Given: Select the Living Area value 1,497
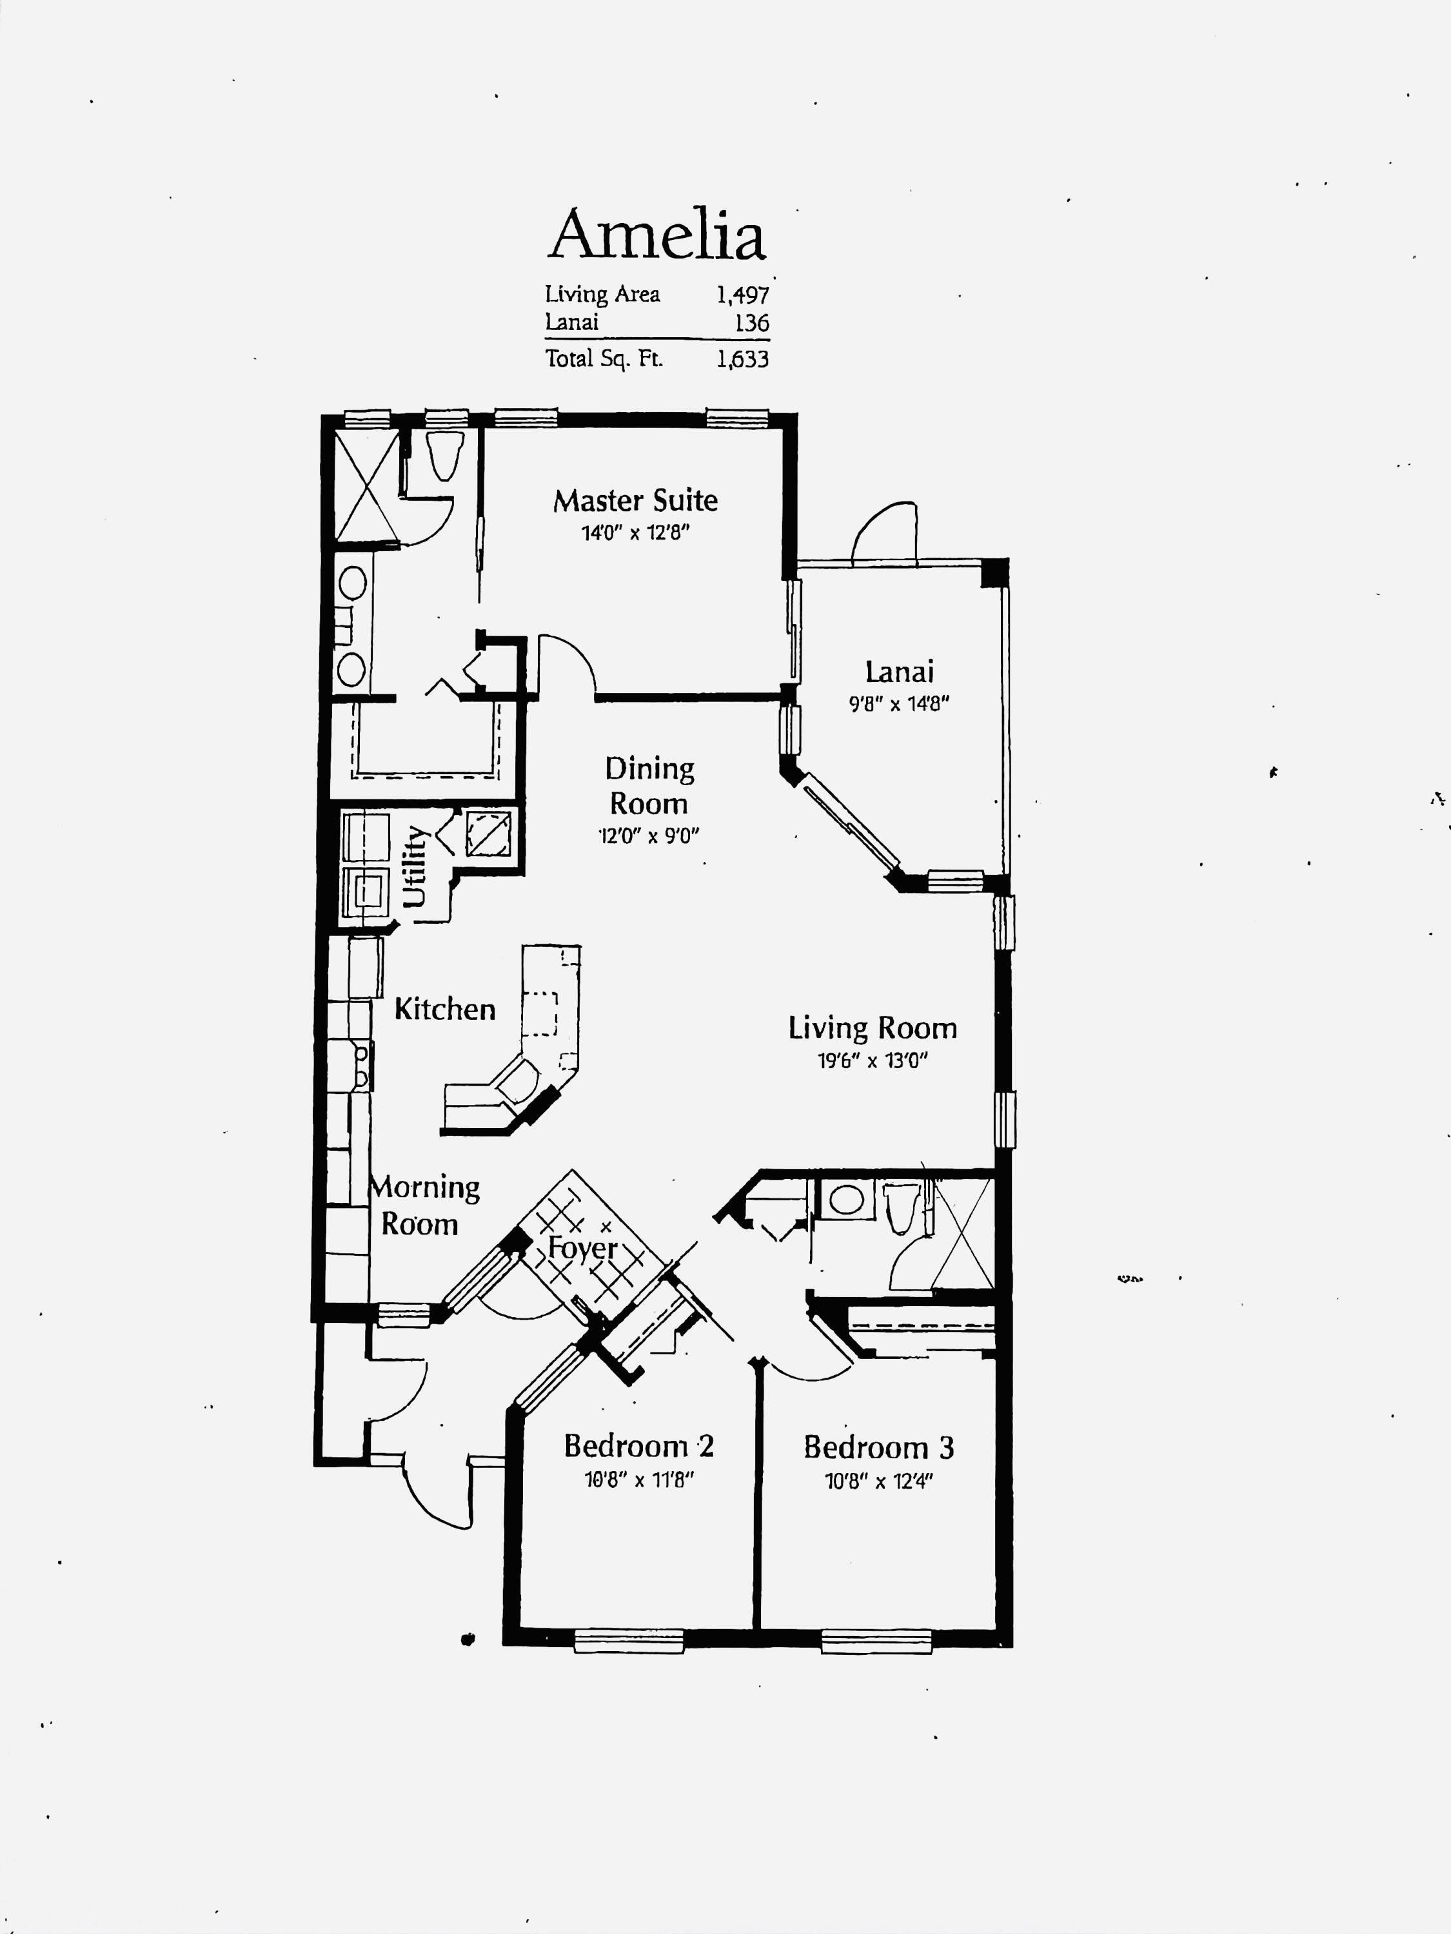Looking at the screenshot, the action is pos(742,295).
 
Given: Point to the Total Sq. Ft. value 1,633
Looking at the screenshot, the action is pos(742,358).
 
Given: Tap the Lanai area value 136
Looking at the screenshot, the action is pos(752,322).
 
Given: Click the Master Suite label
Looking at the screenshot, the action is pos(636,500).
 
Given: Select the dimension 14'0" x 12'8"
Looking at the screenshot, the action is pos(636,532).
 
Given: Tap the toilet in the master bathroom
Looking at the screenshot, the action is pos(444,454).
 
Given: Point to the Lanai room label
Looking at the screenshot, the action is pos(899,672).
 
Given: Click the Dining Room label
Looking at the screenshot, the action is pos(649,786).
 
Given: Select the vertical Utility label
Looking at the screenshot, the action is pos(415,866).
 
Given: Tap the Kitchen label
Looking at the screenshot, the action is pos(445,1009).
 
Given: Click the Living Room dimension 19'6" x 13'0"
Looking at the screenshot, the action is pos(872,1060).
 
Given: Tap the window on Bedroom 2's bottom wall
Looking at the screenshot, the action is pos(628,1640).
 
